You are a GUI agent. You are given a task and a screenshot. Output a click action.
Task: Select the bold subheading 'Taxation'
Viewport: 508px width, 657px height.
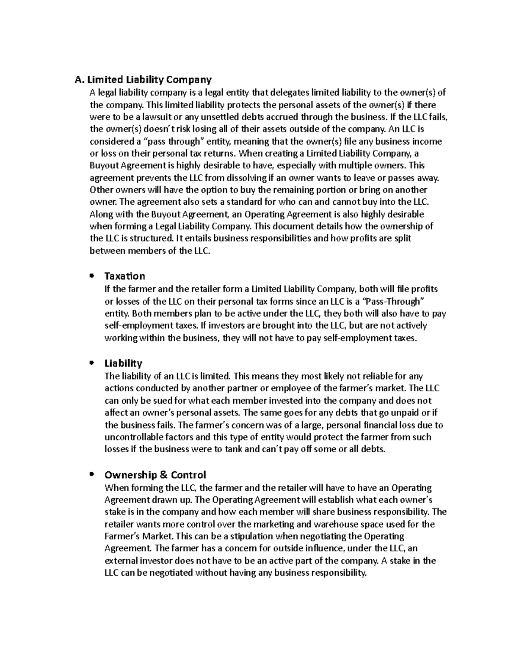[124, 276]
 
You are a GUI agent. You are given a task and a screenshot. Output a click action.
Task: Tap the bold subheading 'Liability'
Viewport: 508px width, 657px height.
[123, 363]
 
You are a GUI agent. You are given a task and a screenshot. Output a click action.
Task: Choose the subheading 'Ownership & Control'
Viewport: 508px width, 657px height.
[155, 475]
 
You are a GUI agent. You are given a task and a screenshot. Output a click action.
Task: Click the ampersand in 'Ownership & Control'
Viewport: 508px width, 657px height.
[163, 475]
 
